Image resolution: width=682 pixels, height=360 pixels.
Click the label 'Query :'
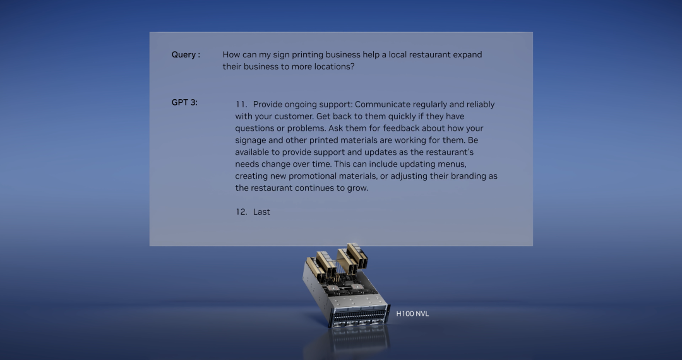(x=186, y=55)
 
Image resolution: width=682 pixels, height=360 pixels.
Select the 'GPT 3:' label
(x=184, y=102)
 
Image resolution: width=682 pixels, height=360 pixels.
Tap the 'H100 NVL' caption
(x=412, y=313)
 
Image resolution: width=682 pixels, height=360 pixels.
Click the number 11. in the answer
(x=241, y=104)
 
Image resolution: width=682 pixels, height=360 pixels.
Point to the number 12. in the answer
(x=241, y=212)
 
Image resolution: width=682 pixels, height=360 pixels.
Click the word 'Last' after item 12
(x=261, y=212)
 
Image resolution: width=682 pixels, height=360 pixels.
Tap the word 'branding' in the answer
(x=468, y=176)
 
